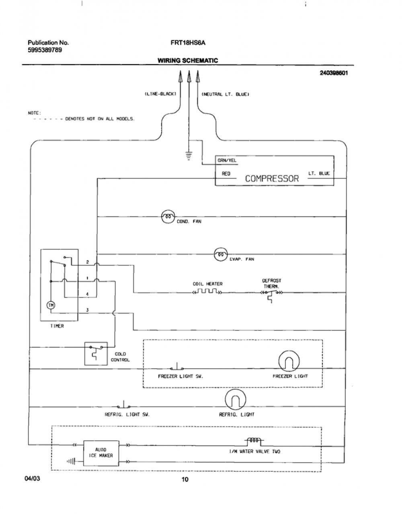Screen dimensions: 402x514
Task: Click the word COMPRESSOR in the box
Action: click(x=272, y=178)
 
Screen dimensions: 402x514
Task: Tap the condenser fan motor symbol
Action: click(x=168, y=217)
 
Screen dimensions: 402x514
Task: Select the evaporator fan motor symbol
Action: click(x=221, y=254)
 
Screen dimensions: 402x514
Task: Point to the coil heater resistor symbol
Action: click(x=207, y=291)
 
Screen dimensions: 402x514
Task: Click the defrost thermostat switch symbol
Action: click(x=271, y=295)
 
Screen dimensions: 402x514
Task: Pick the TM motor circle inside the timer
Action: click(x=51, y=305)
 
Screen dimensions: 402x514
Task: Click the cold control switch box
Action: click(x=96, y=353)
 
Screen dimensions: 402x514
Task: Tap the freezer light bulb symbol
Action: click(x=289, y=361)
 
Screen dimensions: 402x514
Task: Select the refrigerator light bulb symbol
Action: click(x=236, y=400)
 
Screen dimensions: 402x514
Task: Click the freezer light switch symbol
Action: click(x=177, y=367)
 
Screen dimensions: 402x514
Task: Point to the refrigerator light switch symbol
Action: click(x=123, y=405)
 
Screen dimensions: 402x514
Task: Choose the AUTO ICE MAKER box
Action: click(x=101, y=453)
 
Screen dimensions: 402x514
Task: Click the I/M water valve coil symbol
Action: click(x=254, y=441)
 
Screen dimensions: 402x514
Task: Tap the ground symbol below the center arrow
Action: click(x=189, y=155)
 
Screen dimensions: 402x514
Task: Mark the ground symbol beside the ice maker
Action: click(x=71, y=461)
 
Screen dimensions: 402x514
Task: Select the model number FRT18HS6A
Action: click(x=188, y=43)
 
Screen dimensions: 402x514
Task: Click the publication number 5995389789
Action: click(x=45, y=50)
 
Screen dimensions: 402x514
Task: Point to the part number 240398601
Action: click(x=334, y=73)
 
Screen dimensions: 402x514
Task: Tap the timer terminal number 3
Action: click(x=87, y=310)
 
